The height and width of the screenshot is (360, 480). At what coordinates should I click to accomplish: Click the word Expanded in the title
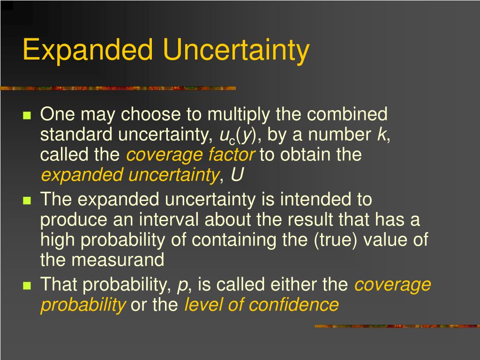(x=88, y=50)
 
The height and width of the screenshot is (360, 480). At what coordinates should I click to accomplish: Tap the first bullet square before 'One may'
(x=27, y=115)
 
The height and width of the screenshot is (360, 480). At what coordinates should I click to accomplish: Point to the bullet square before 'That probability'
(x=27, y=285)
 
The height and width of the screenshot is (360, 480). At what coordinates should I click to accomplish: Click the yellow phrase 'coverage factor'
(x=191, y=155)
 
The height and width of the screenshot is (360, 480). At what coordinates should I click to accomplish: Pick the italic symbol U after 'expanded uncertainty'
(x=237, y=175)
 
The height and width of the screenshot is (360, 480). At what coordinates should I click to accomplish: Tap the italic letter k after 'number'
(x=382, y=135)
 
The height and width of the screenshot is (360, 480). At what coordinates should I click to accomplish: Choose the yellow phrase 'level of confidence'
(x=261, y=305)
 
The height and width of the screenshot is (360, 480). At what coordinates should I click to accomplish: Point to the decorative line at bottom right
(x=397, y=326)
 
